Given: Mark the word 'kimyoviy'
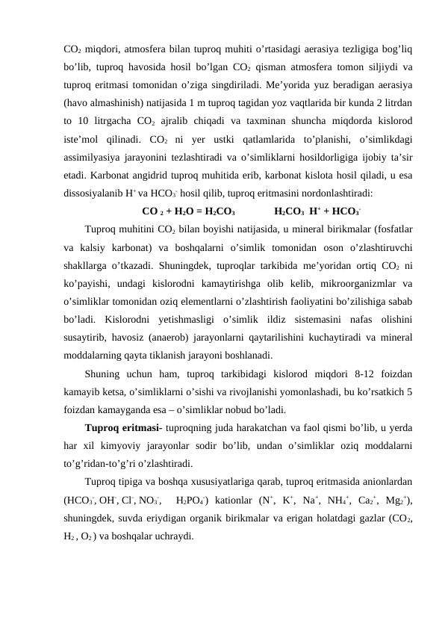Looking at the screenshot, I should (x=129, y=445).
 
